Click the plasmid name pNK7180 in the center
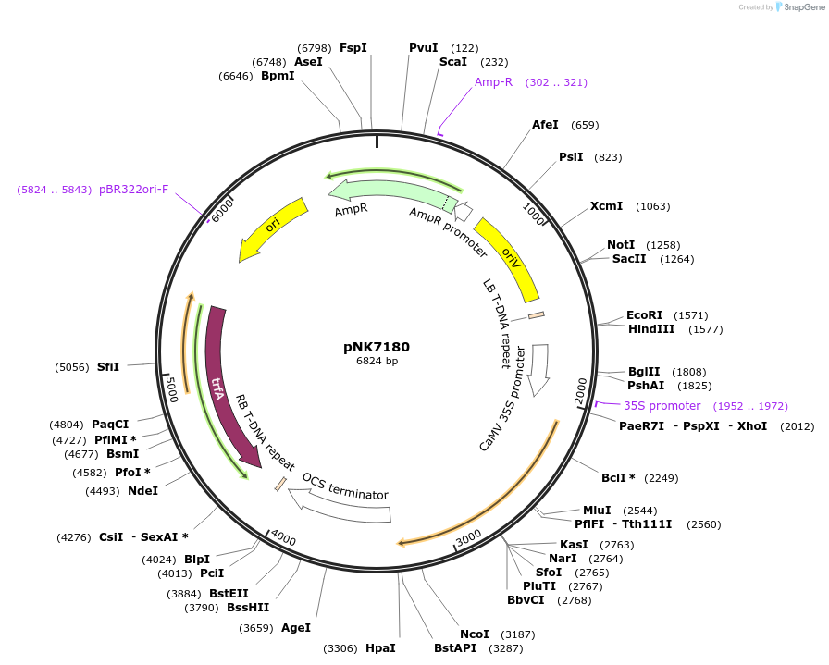tap(377, 347)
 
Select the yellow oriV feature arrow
tap(508, 259)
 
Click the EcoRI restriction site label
tap(644, 315)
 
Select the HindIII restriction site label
tap(651, 328)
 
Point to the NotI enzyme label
tap(621, 245)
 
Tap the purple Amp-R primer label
tap(493, 82)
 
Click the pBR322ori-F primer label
tap(134, 190)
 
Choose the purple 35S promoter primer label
tap(662, 406)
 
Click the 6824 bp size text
tap(377, 362)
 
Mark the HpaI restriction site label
tap(380, 648)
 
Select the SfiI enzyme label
tap(108, 367)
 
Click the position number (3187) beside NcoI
tap(517, 634)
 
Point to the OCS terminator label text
tap(345, 486)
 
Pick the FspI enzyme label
tap(353, 47)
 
